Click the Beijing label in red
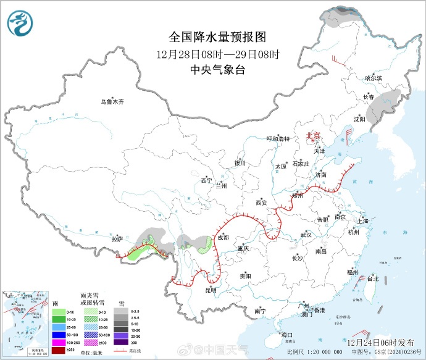314,136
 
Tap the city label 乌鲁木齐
113,101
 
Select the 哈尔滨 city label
374,78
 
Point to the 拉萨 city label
117,238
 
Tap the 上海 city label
362,221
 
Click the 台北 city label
372,278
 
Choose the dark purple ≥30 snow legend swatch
121,342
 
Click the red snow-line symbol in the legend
121,351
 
